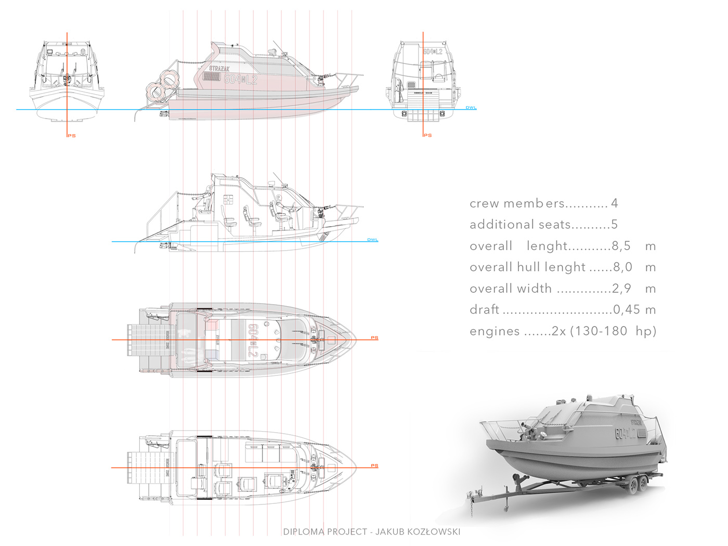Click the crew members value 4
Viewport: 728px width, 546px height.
614,203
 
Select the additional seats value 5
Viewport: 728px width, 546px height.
614,225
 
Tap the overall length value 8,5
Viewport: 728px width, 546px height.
621,246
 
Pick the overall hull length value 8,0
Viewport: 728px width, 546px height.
622,267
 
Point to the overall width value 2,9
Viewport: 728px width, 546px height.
621,289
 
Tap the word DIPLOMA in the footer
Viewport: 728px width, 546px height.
304,531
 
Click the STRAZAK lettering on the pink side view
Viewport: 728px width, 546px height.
219,68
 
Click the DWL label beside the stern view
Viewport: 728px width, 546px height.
471,108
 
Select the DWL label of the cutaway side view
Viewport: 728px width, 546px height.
372,240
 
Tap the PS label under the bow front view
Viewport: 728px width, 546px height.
72,136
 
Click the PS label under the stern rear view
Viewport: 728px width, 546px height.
427,135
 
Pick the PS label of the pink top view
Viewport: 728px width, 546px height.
374,338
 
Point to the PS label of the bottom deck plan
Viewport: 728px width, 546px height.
374,466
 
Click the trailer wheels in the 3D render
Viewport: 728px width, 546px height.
638,484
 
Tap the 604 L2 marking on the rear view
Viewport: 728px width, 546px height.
433,52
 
